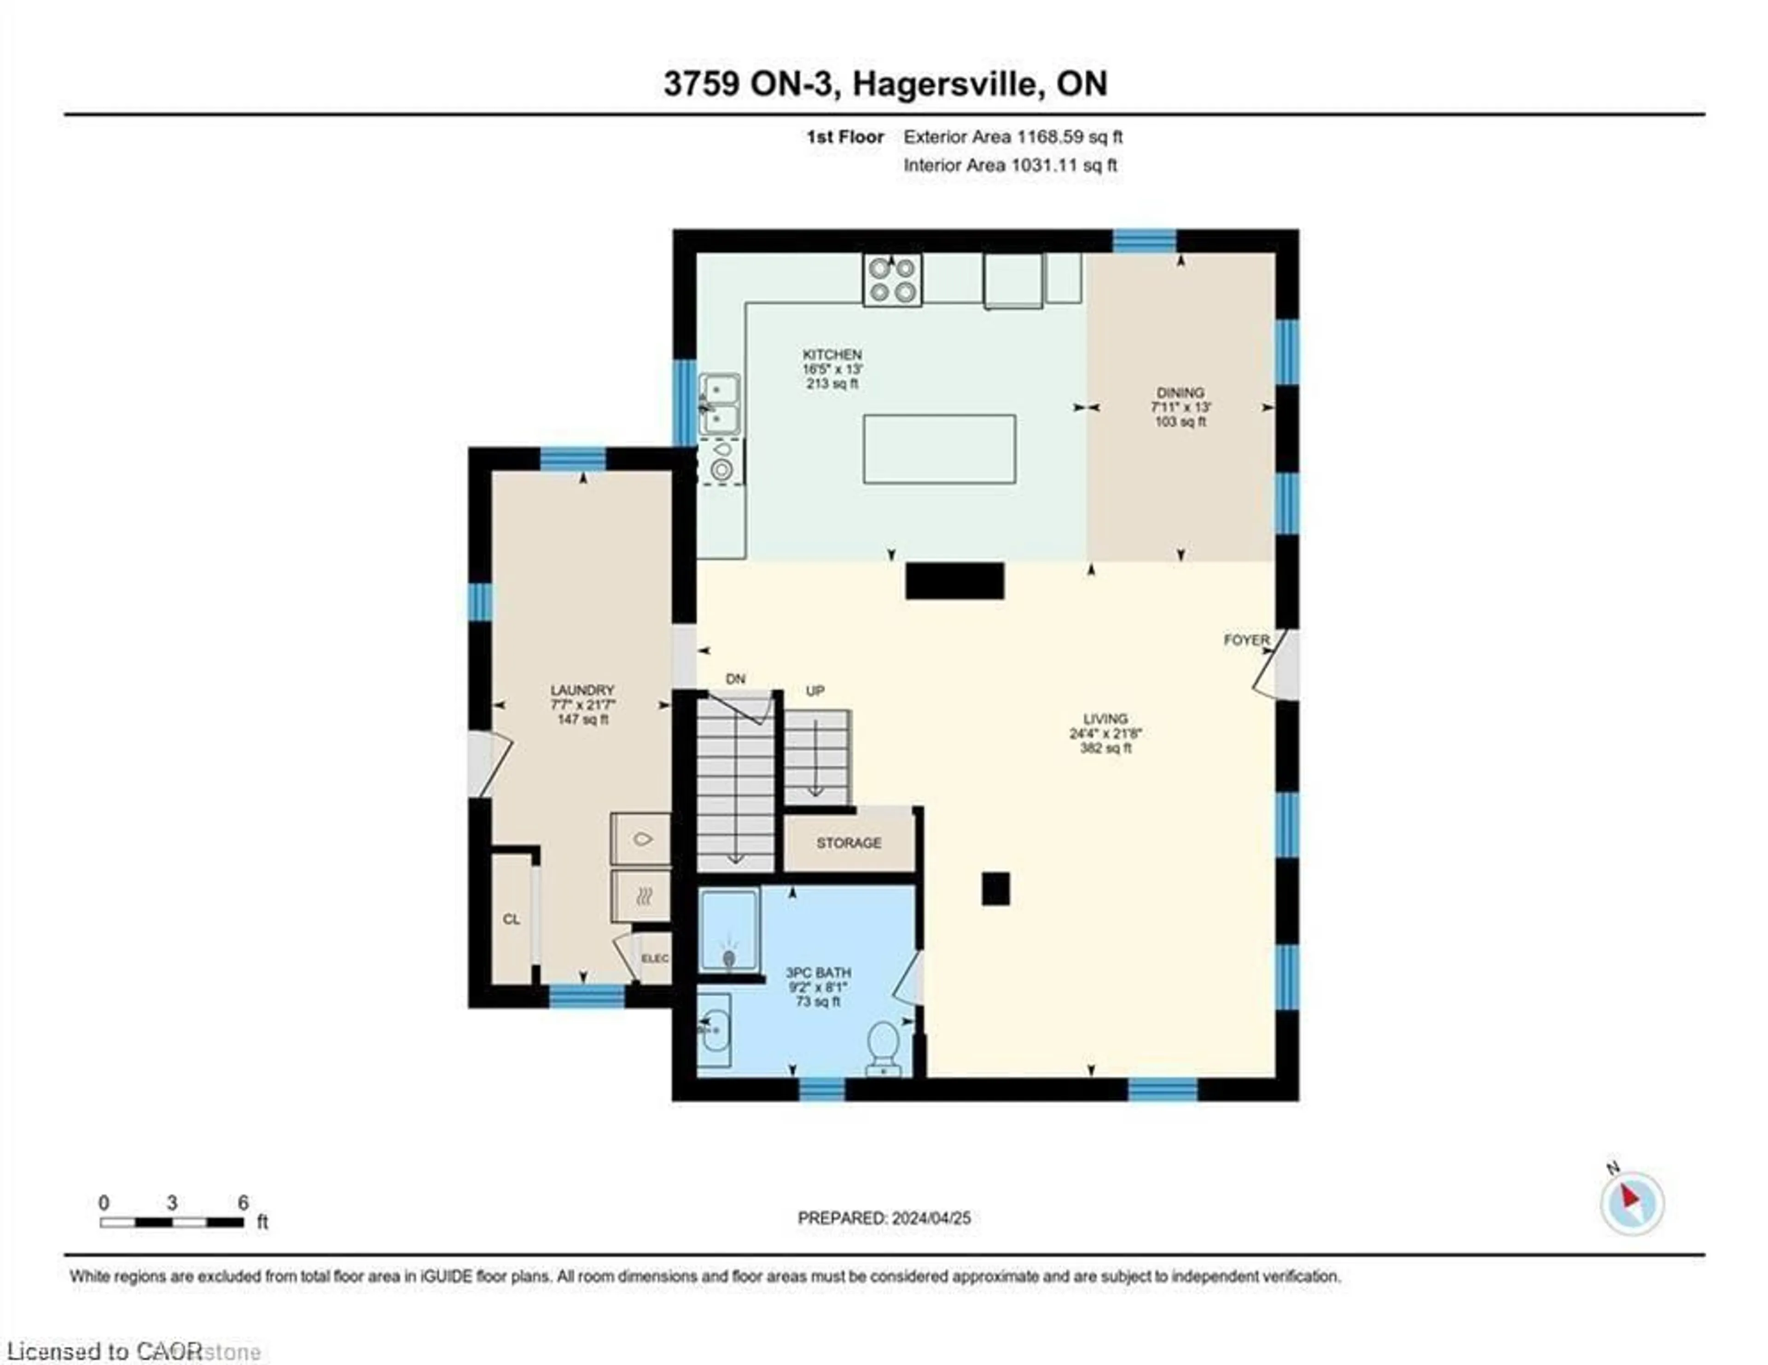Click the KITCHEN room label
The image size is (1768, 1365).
click(x=832, y=355)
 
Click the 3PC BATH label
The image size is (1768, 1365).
click(x=818, y=972)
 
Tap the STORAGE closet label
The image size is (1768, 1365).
click(x=849, y=843)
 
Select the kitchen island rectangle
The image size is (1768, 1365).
click(x=939, y=449)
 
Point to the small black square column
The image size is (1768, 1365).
click(x=996, y=888)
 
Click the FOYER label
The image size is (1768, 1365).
click(x=1246, y=640)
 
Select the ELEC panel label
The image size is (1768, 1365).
click(x=655, y=958)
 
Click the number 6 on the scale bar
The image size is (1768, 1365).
click(x=243, y=1203)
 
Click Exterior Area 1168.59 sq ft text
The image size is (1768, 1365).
click(x=1013, y=137)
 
